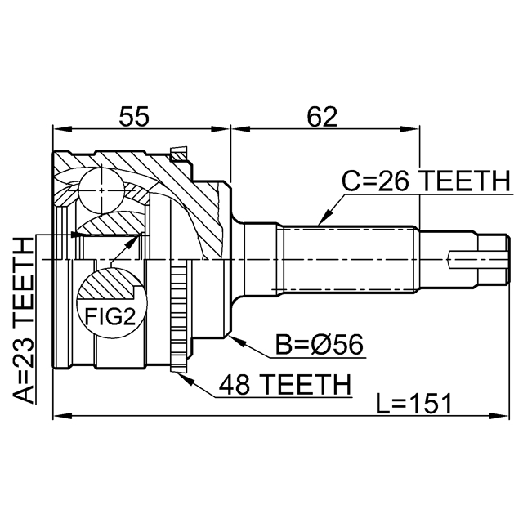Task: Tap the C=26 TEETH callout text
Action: pyautogui.click(x=424, y=182)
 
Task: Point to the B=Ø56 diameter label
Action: pyautogui.click(x=320, y=346)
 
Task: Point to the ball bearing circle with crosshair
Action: pyautogui.click(x=100, y=189)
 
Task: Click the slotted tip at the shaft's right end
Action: pyautogui.click(x=482, y=260)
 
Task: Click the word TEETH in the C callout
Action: pyautogui.click(x=461, y=182)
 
